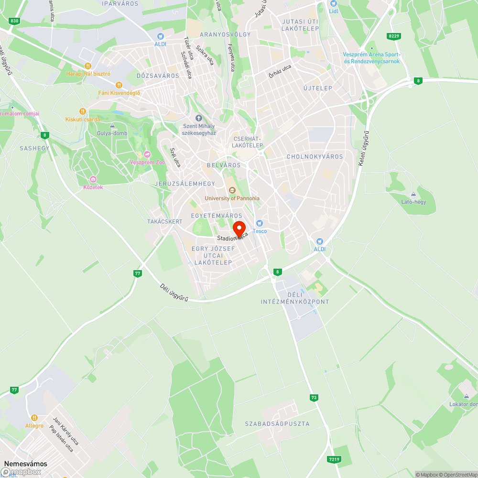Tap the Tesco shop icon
[260, 223]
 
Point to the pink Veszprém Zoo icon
[147, 154]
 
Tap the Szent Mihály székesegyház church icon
[199, 118]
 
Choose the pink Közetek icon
[93, 179]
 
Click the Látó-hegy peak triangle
[413, 195]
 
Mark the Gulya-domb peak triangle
[112, 126]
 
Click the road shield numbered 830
[14, 21]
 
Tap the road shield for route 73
[314, 397]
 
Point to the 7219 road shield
[334, 459]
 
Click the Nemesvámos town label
[26, 464]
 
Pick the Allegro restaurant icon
[34, 418]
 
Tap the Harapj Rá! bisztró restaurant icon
[87, 66]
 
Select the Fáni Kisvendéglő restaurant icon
[112, 85]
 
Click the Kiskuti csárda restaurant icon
[82, 111]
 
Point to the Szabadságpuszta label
[277, 424]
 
